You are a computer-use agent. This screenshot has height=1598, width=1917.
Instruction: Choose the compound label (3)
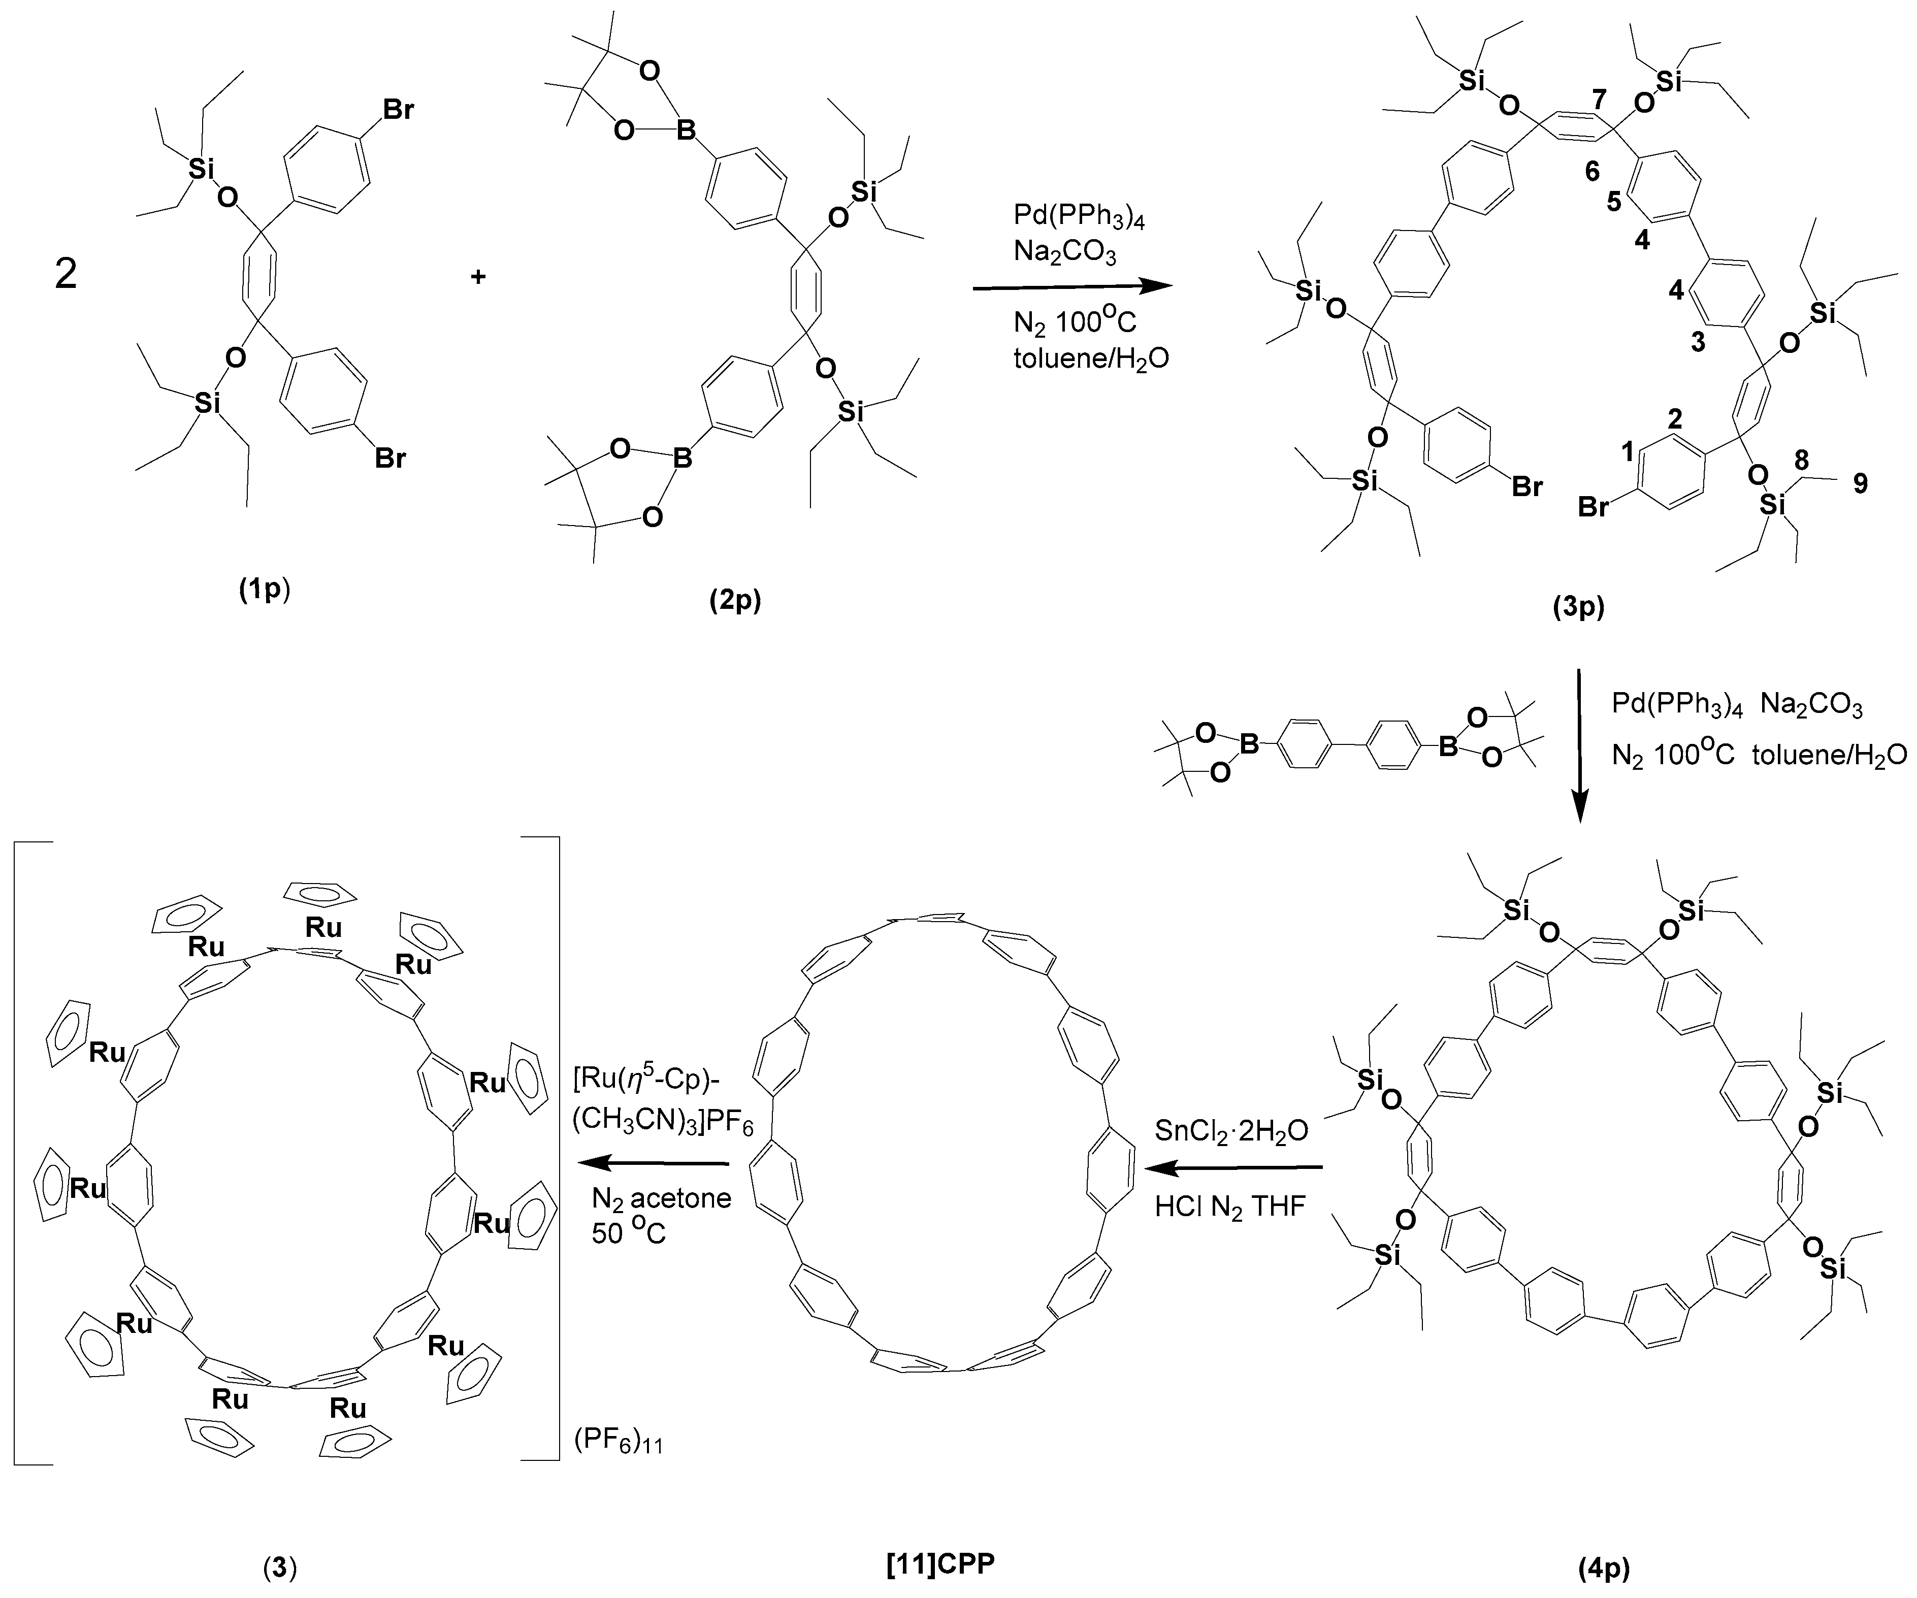[280, 1568]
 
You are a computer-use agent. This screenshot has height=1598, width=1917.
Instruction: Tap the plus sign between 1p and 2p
[477, 276]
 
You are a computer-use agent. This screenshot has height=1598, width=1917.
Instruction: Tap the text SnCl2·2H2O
[1231, 1132]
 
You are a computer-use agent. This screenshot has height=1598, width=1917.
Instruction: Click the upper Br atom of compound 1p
[397, 110]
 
